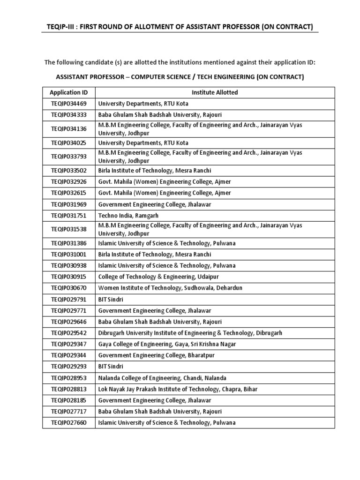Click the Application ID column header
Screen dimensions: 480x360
[68, 92]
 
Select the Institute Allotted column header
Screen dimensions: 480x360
[215, 92]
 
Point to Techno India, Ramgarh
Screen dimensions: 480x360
[128, 215]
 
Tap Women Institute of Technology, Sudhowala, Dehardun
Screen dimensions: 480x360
[170, 287]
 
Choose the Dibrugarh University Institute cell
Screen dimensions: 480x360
[190, 333]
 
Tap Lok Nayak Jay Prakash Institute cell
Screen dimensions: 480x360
[178, 389]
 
